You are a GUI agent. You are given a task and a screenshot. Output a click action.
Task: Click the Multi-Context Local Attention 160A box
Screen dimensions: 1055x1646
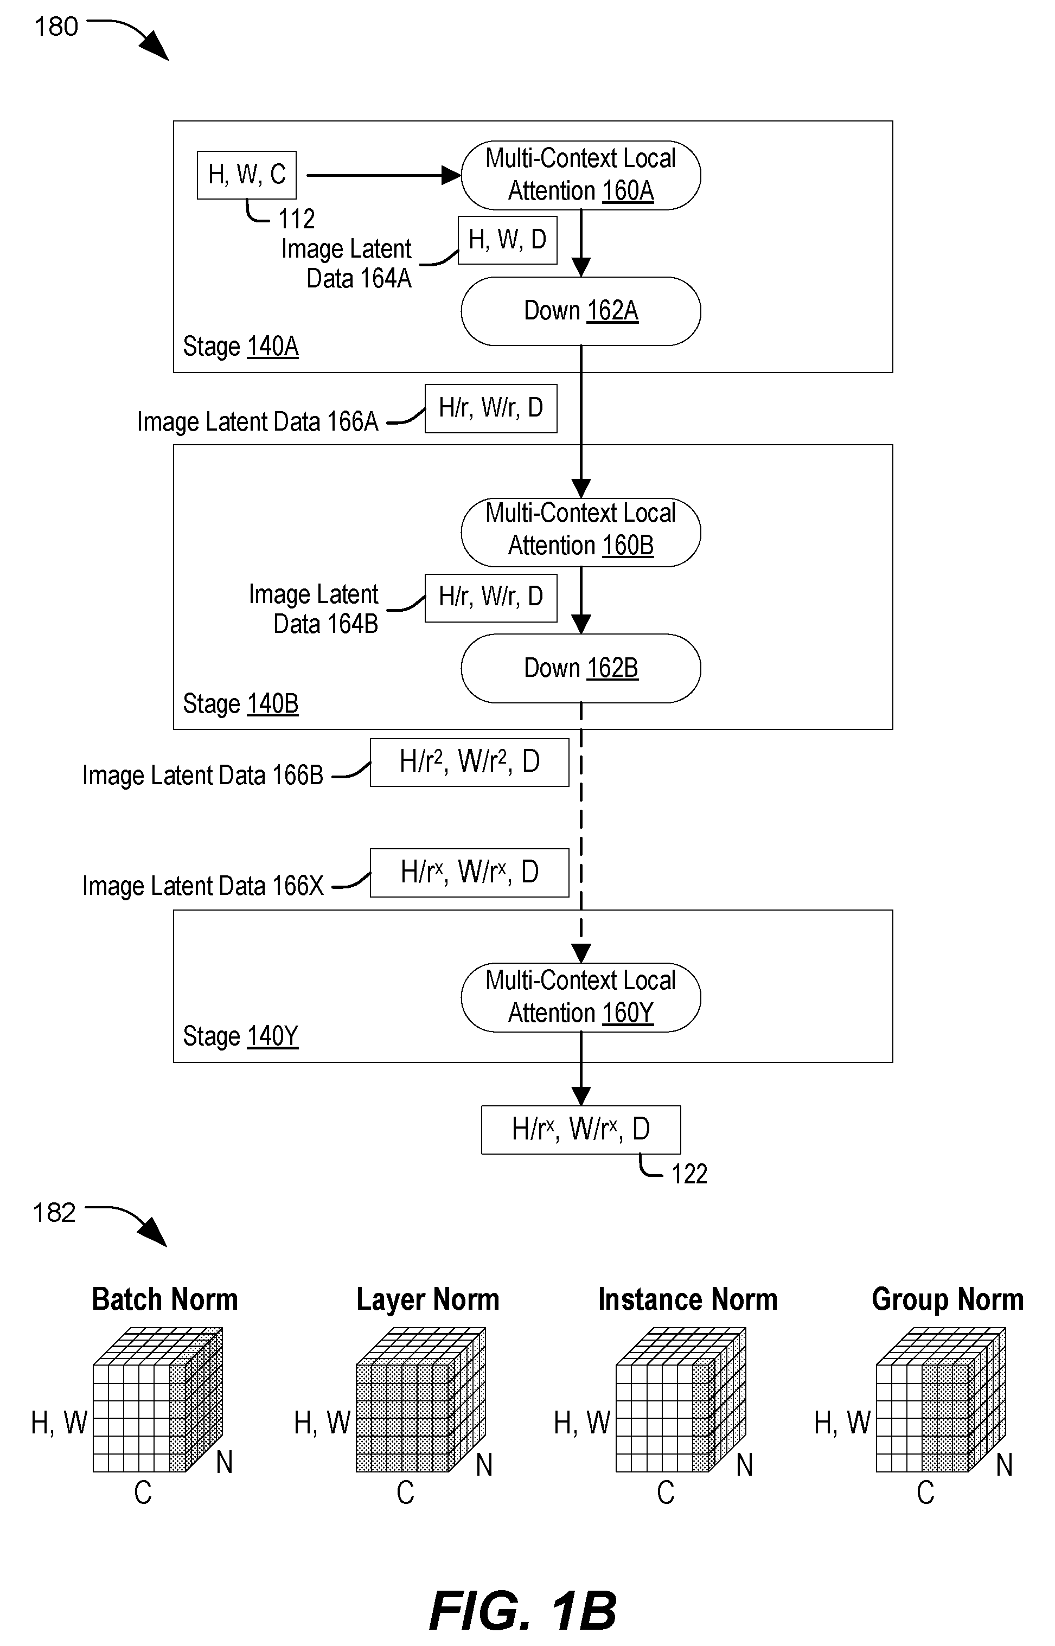click(x=581, y=175)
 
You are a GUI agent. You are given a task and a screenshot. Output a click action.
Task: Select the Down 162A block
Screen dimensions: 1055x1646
click(x=581, y=311)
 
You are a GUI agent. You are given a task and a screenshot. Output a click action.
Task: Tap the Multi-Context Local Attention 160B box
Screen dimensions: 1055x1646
click(x=581, y=532)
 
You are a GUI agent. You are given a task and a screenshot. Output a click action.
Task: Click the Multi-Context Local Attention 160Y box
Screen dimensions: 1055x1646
click(x=581, y=997)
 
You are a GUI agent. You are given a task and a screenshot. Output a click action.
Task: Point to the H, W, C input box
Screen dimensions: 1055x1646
click(x=247, y=175)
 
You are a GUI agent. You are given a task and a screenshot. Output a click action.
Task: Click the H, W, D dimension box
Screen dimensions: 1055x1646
click(x=508, y=240)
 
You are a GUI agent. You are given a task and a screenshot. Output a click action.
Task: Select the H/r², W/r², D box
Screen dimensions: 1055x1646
click(x=469, y=763)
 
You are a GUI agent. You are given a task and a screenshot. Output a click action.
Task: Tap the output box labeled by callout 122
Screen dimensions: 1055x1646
click(x=581, y=1130)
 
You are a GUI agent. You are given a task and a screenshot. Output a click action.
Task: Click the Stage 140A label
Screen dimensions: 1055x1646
click(x=240, y=347)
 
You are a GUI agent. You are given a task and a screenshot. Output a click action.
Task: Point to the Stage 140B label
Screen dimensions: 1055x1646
click(x=240, y=704)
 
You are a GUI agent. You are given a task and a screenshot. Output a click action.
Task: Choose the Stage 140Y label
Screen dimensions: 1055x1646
click(x=240, y=1036)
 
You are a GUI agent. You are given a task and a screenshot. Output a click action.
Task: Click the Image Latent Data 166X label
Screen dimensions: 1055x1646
click(x=203, y=886)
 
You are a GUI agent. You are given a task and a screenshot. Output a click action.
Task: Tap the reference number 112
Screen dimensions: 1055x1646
click(x=296, y=219)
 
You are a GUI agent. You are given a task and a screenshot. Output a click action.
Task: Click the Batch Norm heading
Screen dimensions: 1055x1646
click(x=165, y=1299)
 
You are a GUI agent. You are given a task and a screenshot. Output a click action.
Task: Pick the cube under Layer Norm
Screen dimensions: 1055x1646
click(x=420, y=1399)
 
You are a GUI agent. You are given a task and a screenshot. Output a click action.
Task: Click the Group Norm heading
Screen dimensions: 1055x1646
click(x=948, y=1299)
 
